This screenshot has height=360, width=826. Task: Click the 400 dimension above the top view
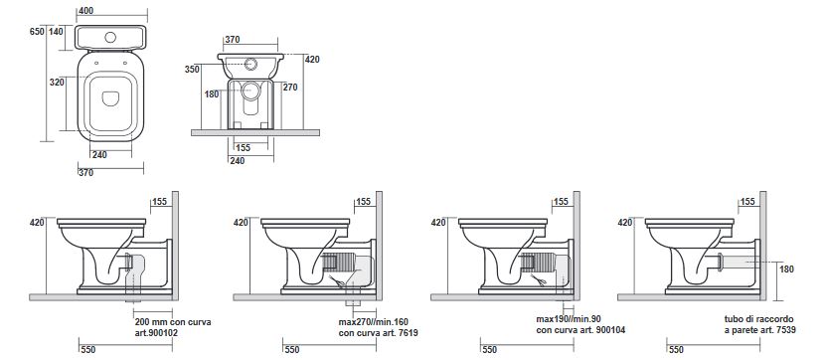coord(86,11)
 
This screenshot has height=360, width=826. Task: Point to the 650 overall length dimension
coord(37,32)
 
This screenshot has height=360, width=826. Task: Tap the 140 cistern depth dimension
coord(56,32)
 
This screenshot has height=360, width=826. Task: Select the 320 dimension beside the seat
coord(57,83)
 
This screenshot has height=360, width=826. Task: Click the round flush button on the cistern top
coord(110,38)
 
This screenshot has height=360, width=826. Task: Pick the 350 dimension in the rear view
coord(192,70)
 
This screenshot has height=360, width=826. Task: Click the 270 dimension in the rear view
coord(290,88)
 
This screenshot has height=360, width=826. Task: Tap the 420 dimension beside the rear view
coord(312,60)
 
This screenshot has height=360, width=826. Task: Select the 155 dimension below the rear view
coord(243,148)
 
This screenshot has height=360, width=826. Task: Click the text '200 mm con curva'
coord(173,322)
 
